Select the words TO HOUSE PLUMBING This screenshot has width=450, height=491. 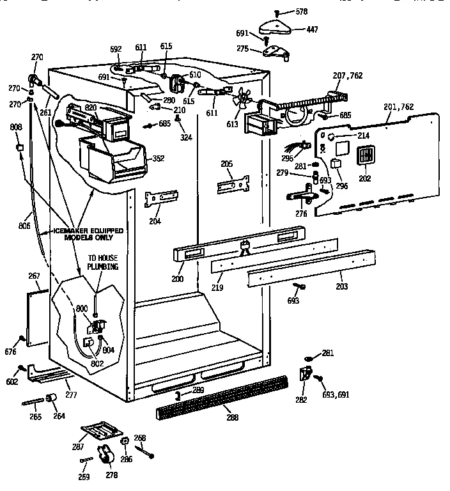(x=103, y=262)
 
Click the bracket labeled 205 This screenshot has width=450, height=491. (x=233, y=185)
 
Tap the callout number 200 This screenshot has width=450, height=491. (x=177, y=279)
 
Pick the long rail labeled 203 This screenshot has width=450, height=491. (x=300, y=269)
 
